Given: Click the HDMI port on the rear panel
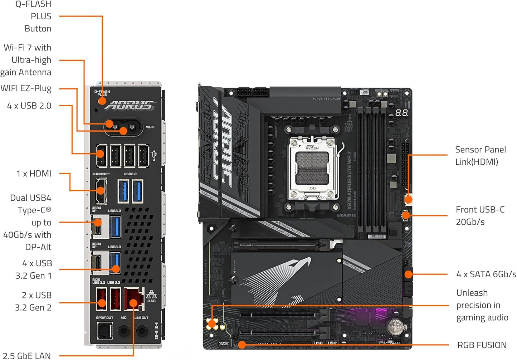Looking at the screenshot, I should coord(101,190).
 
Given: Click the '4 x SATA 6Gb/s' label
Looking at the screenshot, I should coord(486,274).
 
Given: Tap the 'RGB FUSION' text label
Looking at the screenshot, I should coord(482,345).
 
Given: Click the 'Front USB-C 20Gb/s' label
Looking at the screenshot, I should coord(480,216).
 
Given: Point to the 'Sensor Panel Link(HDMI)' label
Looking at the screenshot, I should coord(480,156).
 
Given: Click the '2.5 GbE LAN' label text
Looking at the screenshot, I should coord(27,356).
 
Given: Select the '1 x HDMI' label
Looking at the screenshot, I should coord(34,174).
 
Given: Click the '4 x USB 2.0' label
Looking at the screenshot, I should coord(29,106).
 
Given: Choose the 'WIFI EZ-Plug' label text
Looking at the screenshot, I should coord(26,88).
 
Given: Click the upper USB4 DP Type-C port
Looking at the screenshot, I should coord(97,227).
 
